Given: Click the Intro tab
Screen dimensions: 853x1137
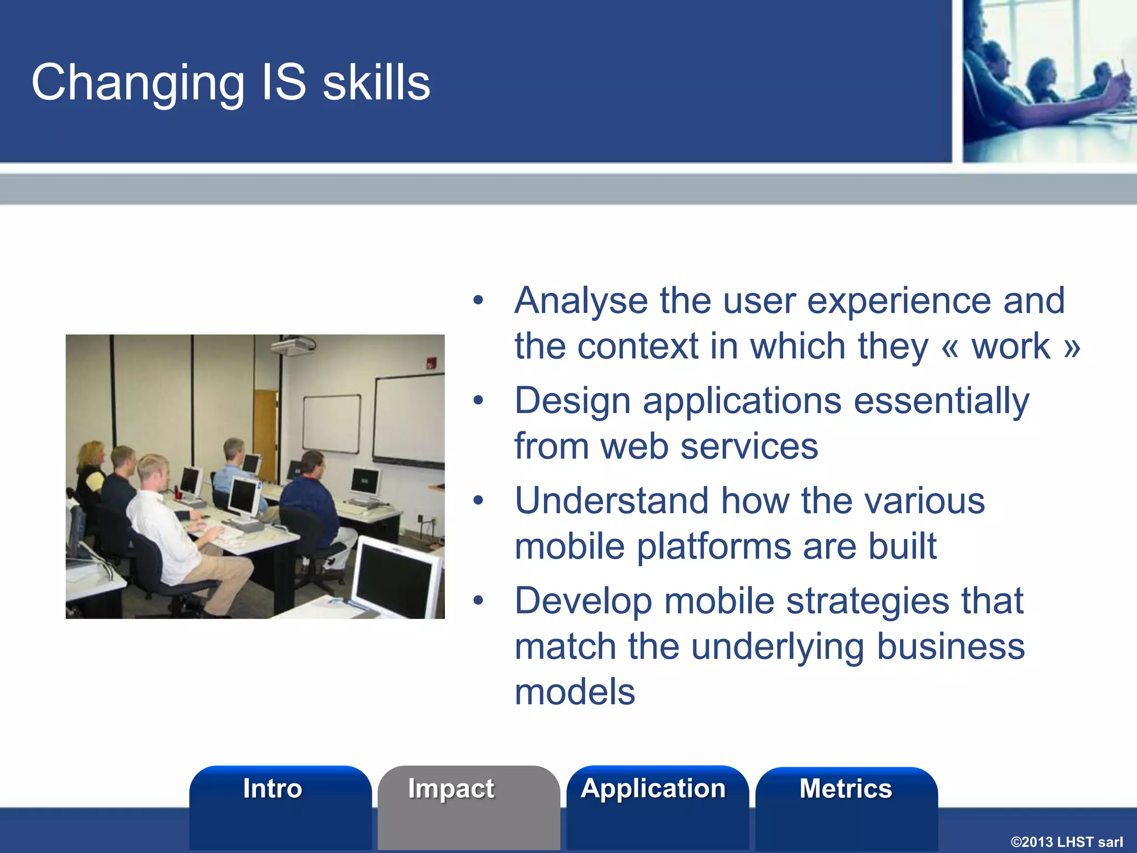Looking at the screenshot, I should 273,789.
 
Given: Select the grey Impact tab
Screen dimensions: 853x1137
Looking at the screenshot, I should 451,789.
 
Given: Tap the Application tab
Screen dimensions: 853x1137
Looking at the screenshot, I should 653,789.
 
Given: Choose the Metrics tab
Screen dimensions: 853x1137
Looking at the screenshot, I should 846,789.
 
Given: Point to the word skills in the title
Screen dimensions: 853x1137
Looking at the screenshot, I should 376,83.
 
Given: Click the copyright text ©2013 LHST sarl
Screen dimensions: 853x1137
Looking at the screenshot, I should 1066,842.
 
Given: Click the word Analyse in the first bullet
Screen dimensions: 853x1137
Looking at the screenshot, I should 581,301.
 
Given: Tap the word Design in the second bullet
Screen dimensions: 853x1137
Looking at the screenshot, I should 572,401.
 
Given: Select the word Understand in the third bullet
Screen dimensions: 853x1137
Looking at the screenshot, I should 611,501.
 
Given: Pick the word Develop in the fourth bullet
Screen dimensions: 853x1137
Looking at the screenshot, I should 582,601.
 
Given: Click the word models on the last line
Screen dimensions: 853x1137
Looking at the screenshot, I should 575,692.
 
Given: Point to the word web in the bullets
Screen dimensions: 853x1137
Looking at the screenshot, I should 634,446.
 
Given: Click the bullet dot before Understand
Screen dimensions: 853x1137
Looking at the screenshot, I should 478,501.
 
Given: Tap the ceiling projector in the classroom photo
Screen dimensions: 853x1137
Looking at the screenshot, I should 293,345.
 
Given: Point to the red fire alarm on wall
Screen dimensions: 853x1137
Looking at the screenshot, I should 430,364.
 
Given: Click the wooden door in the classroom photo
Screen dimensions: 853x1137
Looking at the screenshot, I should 265,433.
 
